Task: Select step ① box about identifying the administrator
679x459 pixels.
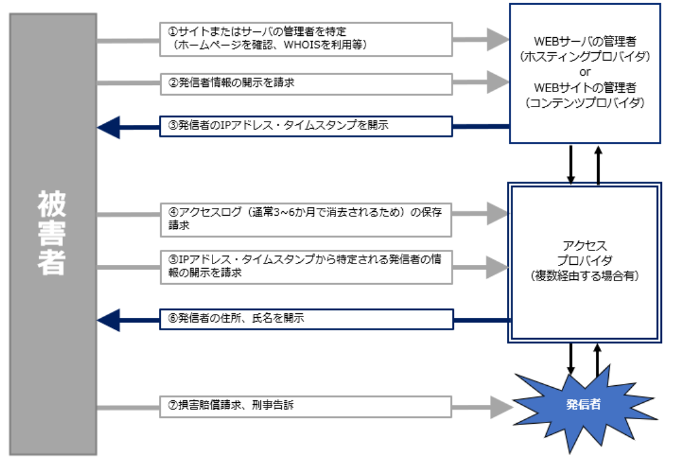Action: tap(306, 38)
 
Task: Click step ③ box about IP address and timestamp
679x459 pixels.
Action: tap(306, 125)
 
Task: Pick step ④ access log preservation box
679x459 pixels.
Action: tap(306, 218)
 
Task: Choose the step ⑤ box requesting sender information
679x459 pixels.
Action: tap(306, 267)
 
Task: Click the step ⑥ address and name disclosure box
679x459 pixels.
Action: tap(306, 319)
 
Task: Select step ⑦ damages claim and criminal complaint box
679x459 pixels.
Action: tap(306, 405)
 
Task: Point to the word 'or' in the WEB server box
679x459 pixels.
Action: tap(585, 71)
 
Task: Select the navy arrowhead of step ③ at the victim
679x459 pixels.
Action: tap(107, 126)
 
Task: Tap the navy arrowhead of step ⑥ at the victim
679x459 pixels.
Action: tap(107, 320)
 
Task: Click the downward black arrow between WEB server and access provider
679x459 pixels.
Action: tap(571, 164)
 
